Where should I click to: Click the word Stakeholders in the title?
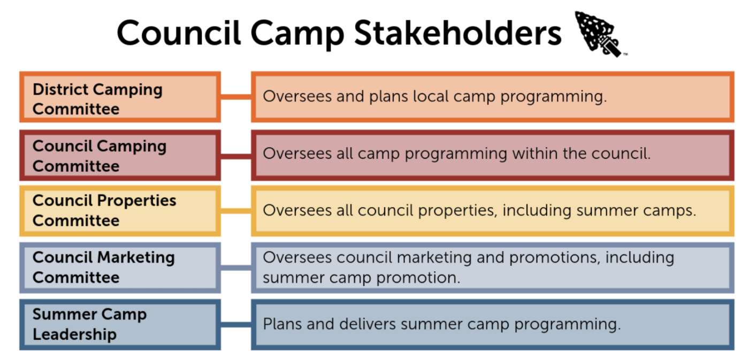tap(458, 33)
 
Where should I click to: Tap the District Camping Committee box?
tap(120, 97)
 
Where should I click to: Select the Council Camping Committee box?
tap(120, 156)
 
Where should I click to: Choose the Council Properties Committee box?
tap(120, 211)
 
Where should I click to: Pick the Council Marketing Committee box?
tap(120, 268)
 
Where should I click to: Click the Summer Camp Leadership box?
tap(120, 325)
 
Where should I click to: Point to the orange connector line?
tap(236, 97)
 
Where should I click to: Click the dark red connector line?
tap(236, 156)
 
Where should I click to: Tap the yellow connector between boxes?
tap(236, 211)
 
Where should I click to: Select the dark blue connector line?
tap(236, 325)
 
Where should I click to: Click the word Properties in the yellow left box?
tap(136, 201)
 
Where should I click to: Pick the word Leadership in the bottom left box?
tap(75, 335)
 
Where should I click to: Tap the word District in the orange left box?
tap(60, 89)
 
